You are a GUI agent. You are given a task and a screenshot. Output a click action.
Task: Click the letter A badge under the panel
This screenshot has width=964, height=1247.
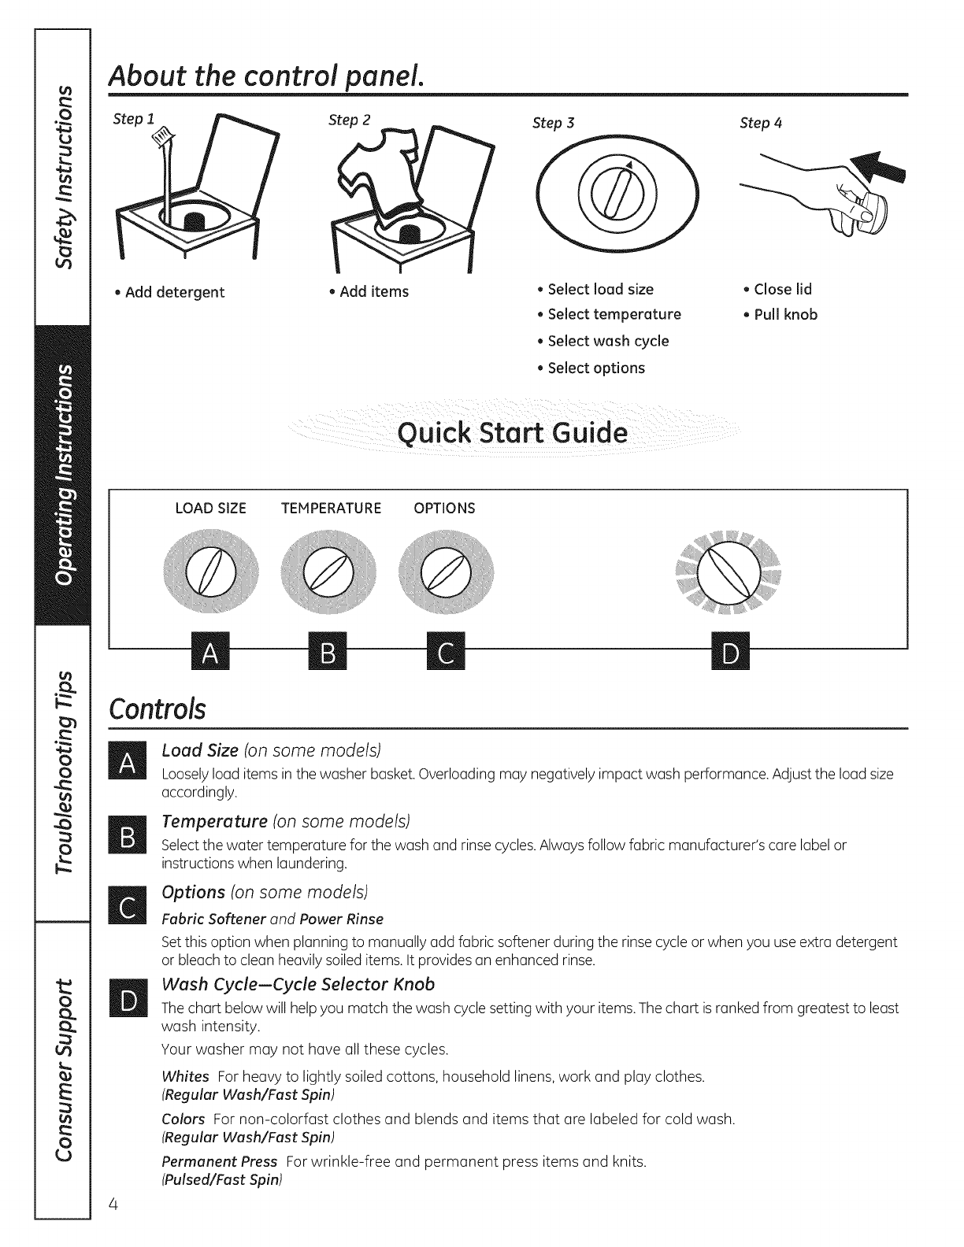(209, 650)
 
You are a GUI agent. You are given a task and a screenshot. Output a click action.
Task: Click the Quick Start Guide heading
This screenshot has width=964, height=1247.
(513, 433)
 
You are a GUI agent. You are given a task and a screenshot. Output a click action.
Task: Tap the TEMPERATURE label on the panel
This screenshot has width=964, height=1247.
(331, 509)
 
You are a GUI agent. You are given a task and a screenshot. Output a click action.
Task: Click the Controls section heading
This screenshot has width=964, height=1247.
(158, 709)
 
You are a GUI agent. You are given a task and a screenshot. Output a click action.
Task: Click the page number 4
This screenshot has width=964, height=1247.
(114, 1204)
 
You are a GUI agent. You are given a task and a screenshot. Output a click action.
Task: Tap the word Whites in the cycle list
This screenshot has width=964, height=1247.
(185, 1076)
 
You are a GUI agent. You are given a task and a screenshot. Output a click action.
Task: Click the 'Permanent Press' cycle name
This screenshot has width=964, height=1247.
(219, 1161)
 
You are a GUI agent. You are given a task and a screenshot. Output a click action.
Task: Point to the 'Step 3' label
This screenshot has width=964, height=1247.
(553, 123)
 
